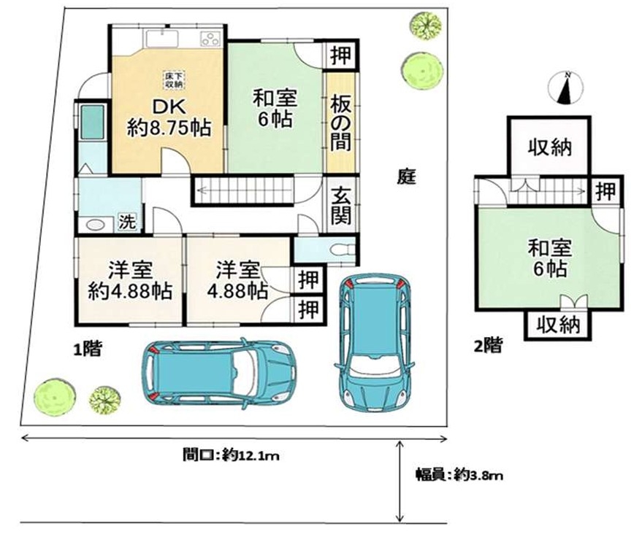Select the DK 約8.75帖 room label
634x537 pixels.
point(169,117)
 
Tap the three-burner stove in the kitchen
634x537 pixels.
point(210,39)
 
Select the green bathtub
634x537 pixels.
point(93,122)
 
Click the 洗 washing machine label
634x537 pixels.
point(127,222)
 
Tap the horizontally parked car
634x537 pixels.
point(219,372)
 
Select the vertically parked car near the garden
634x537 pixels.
point(375,343)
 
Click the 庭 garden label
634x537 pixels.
point(406,176)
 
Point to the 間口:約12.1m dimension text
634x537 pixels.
point(231,455)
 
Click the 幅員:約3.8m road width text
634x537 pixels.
point(459,475)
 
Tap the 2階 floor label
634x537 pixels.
point(489,345)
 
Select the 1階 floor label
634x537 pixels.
point(88,349)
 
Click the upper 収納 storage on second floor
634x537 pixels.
point(549,147)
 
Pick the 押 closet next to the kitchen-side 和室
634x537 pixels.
point(340,55)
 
